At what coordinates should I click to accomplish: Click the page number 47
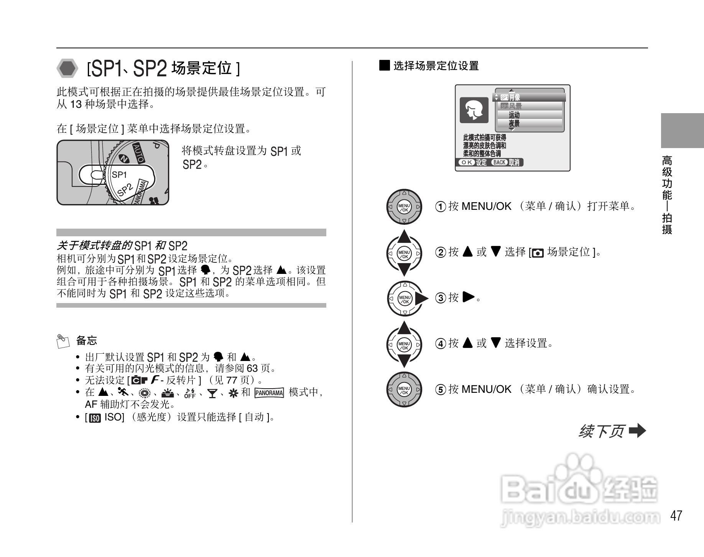click(676, 515)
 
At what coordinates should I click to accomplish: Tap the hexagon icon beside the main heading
click(68, 69)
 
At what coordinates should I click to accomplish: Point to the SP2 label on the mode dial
click(125, 190)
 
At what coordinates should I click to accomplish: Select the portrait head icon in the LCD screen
click(474, 110)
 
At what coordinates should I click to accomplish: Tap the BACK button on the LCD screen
click(499, 163)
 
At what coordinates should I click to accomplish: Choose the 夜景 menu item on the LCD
click(514, 124)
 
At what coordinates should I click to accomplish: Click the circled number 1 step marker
click(441, 207)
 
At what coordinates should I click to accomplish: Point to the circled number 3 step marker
click(441, 298)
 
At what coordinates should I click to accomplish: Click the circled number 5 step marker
click(441, 390)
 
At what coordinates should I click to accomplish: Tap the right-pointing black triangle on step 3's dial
click(422, 299)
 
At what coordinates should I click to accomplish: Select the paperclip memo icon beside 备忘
click(63, 341)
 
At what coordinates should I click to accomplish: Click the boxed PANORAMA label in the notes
click(269, 393)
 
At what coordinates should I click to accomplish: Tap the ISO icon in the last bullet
click(94, 418)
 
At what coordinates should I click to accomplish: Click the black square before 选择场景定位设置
click(384, 65)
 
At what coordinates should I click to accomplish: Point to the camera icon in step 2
click(538, 253)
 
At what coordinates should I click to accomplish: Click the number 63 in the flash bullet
click(252, 369)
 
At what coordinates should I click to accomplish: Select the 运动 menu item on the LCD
click(514, 115)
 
